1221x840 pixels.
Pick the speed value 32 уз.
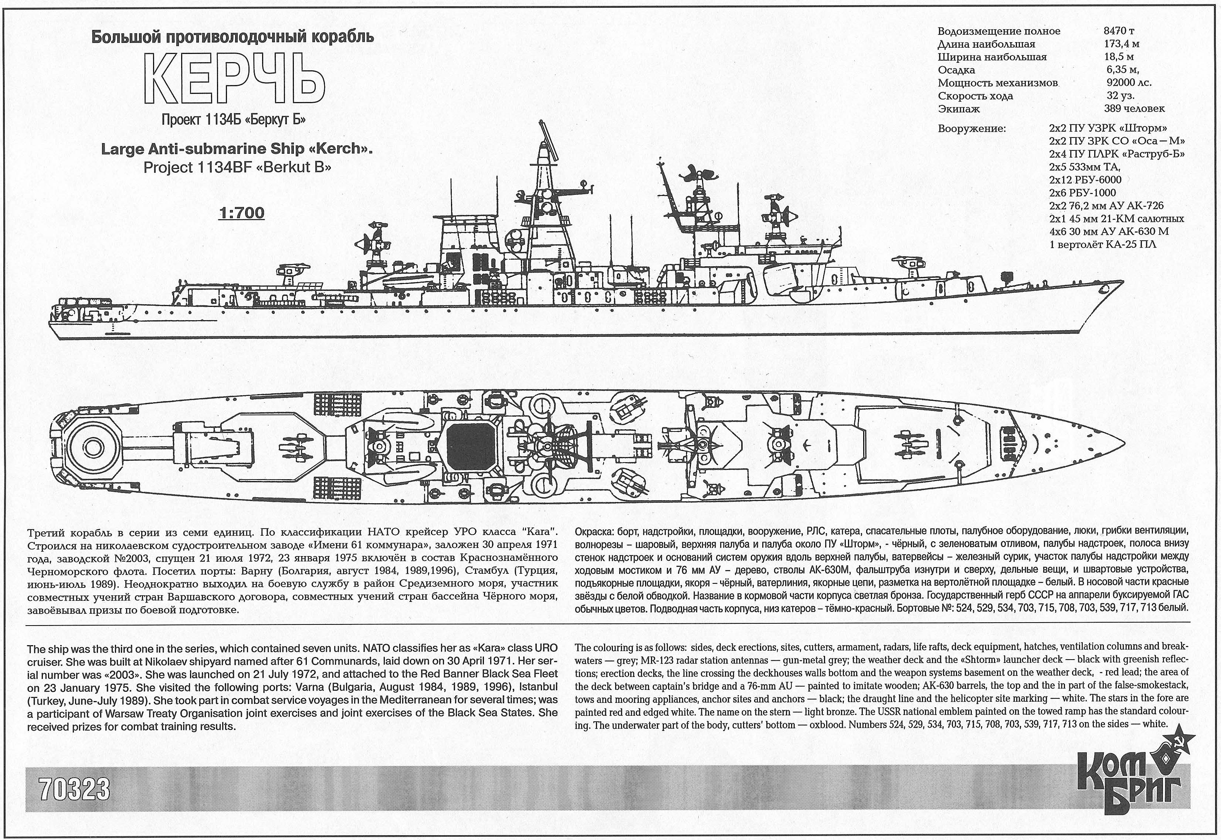pyautogui.click(x=1121, y=96)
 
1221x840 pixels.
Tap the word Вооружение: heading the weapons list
pyautogui.click(x=971, y=128)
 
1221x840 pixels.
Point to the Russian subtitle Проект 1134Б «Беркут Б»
pyautogui.click(x=234, y=120)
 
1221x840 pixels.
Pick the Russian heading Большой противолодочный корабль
pyautogui.click(x=233, y=37)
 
